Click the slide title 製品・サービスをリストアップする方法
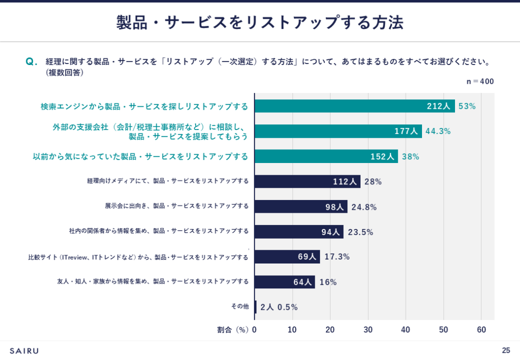click(259, 22)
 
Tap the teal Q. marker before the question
click(31, 62)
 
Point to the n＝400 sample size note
click(480, 81)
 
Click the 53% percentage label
click(467, 106)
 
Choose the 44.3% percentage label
click(438, 131)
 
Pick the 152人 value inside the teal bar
click(382, 156)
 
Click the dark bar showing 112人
click(307, 181)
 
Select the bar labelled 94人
click(299, 232)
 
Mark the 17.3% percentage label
click(337, 256)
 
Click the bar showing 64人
click(284, 282)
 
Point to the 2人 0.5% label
click(279, 307)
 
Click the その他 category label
click(240, 307)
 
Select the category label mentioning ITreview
click(138, 257)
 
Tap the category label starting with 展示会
click(177, 206)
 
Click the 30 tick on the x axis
click(368, 330)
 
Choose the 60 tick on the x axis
click(481, 330)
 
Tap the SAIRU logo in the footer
click(24, 350)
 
